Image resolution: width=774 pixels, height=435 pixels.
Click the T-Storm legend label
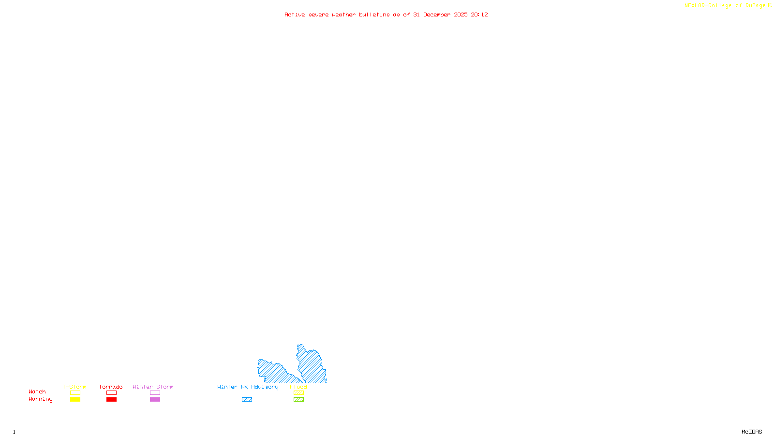pos(74,387)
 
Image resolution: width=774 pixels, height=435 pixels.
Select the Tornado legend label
pos(111,387)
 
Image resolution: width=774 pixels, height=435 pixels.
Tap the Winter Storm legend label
pos(153,387)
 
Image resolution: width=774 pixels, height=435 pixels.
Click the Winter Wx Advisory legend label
pos(248,387)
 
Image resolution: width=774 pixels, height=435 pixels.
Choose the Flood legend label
pos(298,387)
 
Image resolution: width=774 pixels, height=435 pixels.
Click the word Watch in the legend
pos(37,392)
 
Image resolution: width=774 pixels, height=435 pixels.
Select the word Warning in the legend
pos(41,399)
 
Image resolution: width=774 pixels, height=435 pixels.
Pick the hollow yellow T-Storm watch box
pos(75,393)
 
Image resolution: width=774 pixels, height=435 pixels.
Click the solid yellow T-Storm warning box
pos(75,400)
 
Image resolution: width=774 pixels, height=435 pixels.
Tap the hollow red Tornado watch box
pos(111,393)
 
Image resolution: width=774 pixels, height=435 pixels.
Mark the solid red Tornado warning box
pos(111,400)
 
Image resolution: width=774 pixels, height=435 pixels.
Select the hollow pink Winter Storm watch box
pos(155,393)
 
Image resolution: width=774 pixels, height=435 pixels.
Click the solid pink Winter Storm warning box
pos(155,400)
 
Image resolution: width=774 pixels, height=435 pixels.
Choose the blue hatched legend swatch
pos(247,400)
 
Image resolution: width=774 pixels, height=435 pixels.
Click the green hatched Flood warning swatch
pos(298,400)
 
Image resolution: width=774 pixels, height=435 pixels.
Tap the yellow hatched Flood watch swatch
pos(298,393)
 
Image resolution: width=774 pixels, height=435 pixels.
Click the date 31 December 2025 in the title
pos(440,15)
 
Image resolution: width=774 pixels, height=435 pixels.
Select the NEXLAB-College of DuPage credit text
pos(725,6)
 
